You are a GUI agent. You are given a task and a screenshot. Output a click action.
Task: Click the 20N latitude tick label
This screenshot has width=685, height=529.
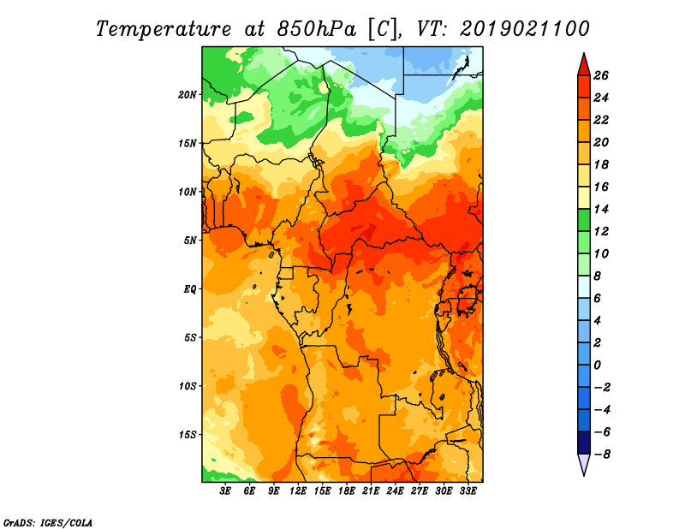coord(187,95)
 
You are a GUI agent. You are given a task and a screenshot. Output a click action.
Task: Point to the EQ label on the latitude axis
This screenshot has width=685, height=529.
coord(190,289)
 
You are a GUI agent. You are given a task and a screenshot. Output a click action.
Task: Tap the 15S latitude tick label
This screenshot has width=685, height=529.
coord(187,435)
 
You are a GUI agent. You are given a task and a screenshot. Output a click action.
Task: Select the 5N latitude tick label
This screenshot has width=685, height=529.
coord(190,241)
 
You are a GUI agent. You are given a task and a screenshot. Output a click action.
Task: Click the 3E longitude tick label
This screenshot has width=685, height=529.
coord(225,490)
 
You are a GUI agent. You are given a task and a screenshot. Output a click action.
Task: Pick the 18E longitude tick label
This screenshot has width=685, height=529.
coord(347,490)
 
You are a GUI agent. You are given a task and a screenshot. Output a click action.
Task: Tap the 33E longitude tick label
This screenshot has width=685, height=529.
coord(468,490)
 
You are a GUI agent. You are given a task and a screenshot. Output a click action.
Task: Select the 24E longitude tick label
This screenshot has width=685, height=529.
coord(395,490)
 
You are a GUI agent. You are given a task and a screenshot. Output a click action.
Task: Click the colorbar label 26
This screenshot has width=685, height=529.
coord(601,75)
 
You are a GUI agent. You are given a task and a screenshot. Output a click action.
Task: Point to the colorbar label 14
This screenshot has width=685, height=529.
coord(601,209)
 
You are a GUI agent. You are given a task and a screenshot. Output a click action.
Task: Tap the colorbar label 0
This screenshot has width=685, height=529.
coord(597,365)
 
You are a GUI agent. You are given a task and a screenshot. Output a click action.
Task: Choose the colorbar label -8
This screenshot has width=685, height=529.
coord(602,455)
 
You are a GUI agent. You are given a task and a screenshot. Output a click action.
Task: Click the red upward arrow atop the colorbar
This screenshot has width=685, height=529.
coord(584,66)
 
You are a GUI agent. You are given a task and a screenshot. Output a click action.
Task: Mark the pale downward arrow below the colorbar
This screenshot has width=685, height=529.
coord(584,463)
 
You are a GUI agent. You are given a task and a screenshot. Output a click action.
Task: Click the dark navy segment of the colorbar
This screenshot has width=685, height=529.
coord(584,443)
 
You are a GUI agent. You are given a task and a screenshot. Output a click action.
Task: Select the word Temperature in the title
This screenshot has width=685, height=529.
coord(164,29)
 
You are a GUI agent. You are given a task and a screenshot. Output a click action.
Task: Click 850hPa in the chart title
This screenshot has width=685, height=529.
coord(316,29)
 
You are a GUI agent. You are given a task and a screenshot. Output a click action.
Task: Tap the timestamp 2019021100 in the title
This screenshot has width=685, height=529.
coord(525,28)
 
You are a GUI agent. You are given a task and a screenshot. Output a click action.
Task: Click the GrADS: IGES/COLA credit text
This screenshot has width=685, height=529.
coord(48,522)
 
